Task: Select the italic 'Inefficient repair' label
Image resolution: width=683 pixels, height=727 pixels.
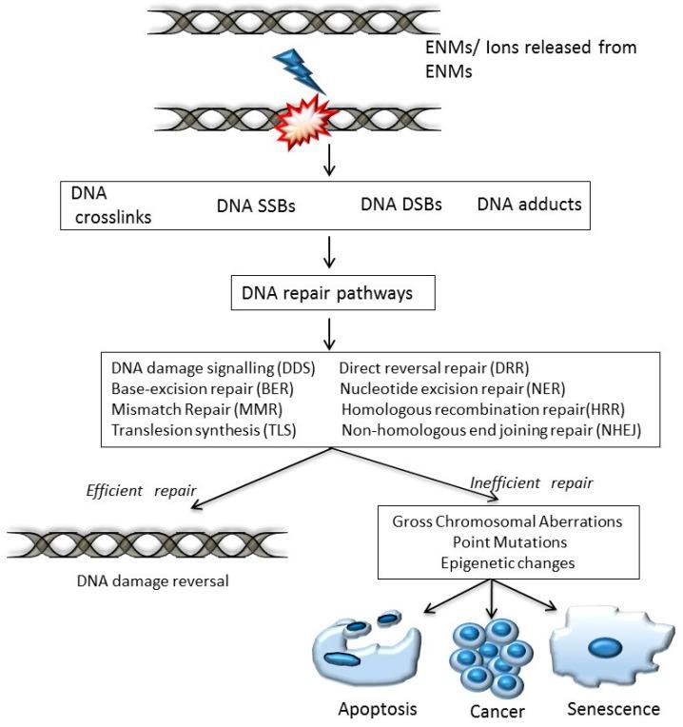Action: pos(531,483)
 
